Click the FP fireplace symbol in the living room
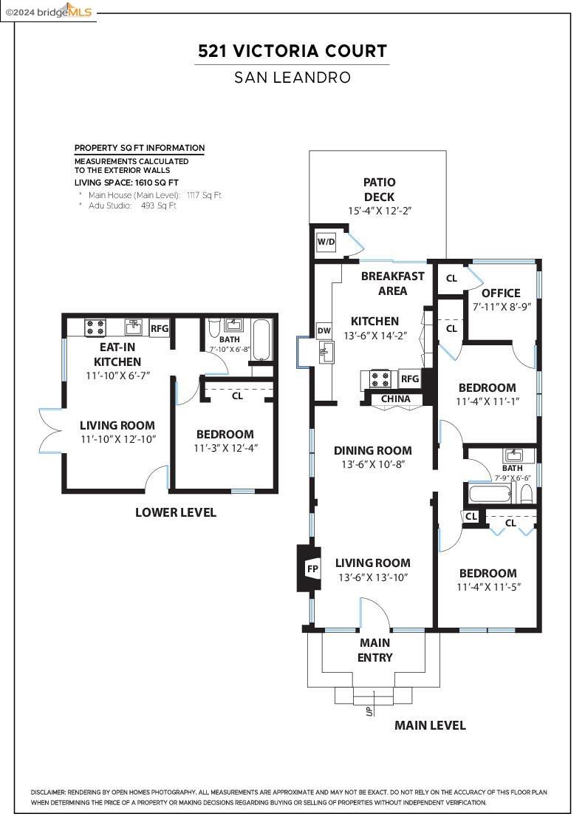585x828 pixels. [312, 569]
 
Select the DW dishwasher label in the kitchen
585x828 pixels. [324, 330]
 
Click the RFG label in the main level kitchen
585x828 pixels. [410, 379]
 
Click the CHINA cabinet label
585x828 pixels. [397, 399]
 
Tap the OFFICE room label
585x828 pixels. [501, 293]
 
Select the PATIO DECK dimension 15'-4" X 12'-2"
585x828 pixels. [380, 211]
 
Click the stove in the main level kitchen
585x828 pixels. [380, 380]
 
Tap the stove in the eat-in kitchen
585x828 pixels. [95, 327]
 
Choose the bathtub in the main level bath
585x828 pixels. [490, 493]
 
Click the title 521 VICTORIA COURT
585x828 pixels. [292, 51]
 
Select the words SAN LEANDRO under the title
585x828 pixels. [292, 77]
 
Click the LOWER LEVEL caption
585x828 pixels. [176, 512]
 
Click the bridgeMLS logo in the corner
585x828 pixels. [49, 11]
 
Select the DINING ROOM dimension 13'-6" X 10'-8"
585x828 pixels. [372, 464]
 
